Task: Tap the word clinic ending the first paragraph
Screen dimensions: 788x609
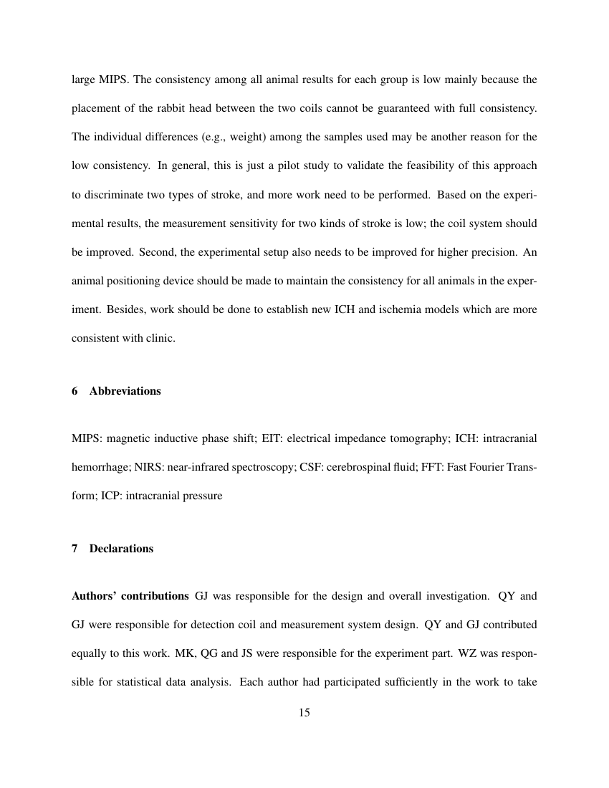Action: coord(160,337)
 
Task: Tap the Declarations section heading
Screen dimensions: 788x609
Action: coord(121,549)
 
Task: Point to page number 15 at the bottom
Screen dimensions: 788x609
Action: coord(304,713)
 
